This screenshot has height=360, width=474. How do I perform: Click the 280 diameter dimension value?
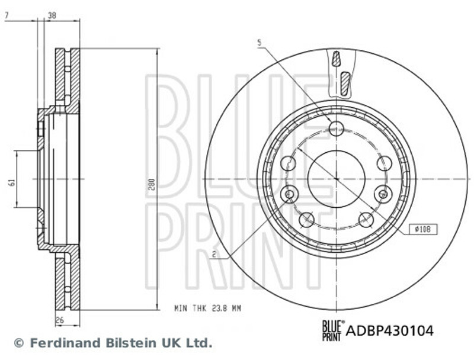(x=152, y=184)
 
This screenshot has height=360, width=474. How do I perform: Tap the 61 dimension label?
(x=12, y=182)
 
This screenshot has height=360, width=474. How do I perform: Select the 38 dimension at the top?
(x=52, y=15)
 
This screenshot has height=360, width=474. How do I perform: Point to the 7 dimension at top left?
(x=7, y=15)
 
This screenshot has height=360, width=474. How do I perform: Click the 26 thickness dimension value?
(x=60, y=320)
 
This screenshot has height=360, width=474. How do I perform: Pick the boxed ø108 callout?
(x=423, y=230)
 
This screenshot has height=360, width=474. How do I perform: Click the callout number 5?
(x=259, y=43)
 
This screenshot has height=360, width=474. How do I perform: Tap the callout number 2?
(x=214, y=255)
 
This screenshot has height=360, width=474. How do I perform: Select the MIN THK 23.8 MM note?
(x=208, y=308)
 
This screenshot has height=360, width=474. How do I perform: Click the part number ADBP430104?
(x=389, y=330)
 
